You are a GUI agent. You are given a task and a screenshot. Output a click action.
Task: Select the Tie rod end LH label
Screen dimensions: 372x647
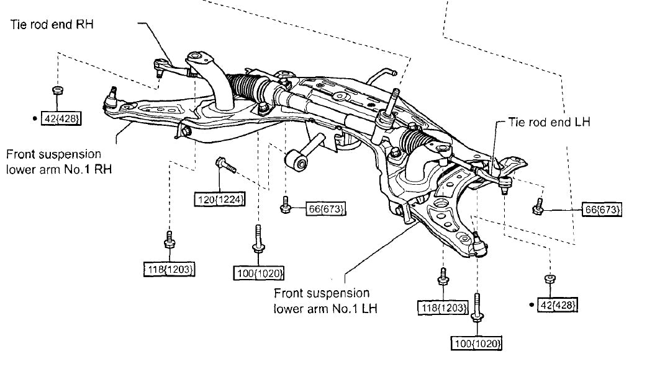coord(549,122)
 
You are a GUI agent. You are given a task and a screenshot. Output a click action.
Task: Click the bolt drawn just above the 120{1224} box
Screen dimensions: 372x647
coord(224,166)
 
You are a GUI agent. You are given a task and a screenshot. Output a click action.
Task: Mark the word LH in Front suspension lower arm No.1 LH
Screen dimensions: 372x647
coord(370,308)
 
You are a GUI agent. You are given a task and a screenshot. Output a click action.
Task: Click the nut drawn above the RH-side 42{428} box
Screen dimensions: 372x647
coord(57,91)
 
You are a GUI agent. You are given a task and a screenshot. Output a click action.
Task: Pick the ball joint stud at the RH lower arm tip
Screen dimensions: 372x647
coord(112,95)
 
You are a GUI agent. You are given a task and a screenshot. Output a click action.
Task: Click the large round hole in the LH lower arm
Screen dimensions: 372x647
coord(440,207)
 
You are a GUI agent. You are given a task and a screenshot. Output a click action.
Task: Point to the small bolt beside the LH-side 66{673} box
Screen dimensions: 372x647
coord(538,207)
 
